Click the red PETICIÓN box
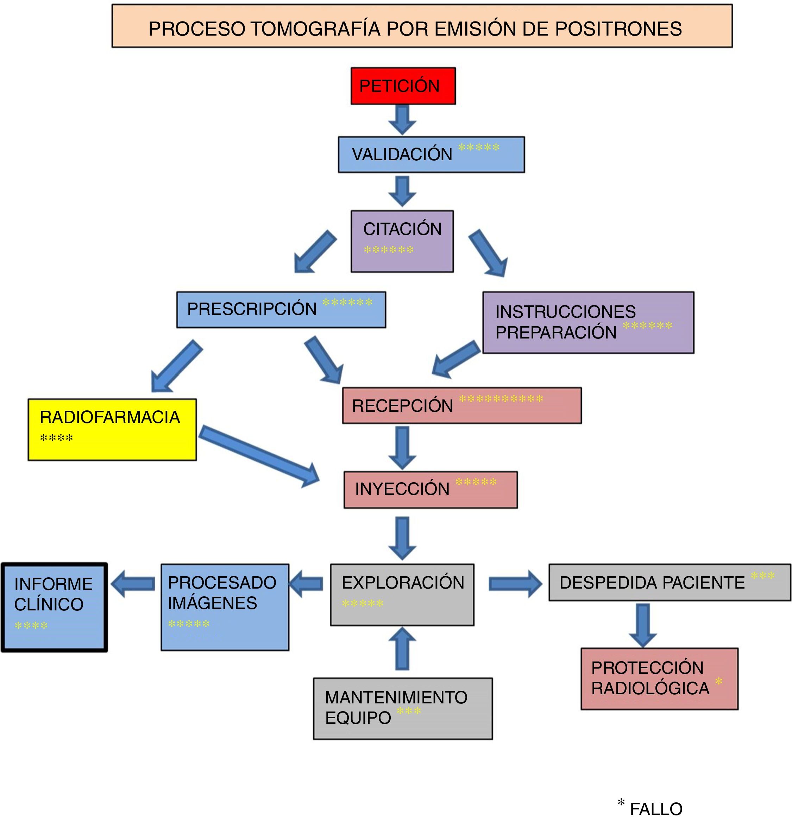tap(403, 86)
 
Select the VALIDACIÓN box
tap(431, 154)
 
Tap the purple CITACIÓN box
tap(402, 241)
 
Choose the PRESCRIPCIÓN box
tap(281, 310)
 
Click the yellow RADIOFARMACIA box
tap(112, 430)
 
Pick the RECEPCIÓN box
tap(462, 405)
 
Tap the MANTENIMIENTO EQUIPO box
tap(403, 709)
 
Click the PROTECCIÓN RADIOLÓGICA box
tap(659, 679)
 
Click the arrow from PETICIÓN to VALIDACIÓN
tap(402, 120)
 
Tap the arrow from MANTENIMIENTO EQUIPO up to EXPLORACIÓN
tap(402, 648)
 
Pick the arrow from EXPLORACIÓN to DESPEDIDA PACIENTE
tap(515, 584)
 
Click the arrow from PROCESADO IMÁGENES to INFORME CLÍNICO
tap(133, 584)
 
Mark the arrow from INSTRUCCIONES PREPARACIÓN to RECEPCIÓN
tap(456, 359)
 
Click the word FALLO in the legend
tap(656, 809)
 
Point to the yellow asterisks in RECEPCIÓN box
tap(501, 399)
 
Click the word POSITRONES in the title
tap(618, 29)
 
